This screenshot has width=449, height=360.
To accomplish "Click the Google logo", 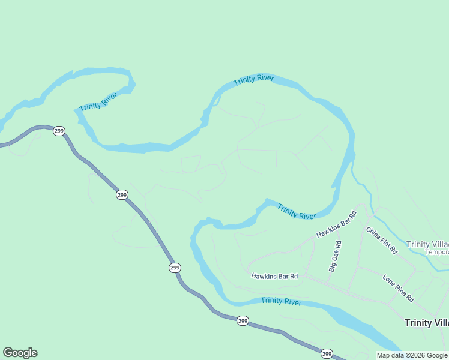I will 20,353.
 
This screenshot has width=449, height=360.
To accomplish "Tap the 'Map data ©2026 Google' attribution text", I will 412,355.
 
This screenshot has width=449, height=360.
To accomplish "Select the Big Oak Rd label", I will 336,256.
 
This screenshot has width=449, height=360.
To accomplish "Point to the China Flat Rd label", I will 381,241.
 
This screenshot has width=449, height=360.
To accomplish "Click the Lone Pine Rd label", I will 398,288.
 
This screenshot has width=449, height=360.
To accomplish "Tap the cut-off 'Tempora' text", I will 437,253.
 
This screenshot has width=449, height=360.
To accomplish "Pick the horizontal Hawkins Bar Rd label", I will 274,276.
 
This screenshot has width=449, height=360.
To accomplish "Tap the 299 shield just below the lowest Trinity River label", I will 242,321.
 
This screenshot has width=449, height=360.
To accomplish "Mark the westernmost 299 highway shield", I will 58,131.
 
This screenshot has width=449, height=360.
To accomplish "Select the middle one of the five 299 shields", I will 175,268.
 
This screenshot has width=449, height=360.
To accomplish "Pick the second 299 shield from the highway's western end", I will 122,194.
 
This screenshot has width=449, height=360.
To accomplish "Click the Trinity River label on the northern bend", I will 254,80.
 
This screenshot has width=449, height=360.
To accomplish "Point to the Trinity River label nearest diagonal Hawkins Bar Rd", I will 296,212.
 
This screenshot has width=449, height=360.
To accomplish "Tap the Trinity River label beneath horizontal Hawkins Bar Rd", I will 281,301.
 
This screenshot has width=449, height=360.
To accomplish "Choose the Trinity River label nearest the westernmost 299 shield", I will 98,101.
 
